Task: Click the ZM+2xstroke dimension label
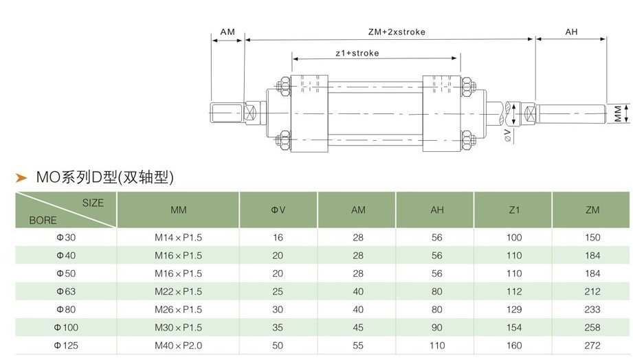(x=397, y=32)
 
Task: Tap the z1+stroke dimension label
(x=357, y=54)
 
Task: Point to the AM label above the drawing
(x=227, y=32)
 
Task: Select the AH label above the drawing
(x=571, y=32)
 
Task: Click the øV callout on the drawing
(x=508, y=135)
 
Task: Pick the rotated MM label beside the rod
(x=619, y=113)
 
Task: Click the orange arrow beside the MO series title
(x=21, y=177)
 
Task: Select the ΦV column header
(x=278, y=210)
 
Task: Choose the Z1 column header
(x=514, y=210)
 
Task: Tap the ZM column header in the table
(x=592, y=210)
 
